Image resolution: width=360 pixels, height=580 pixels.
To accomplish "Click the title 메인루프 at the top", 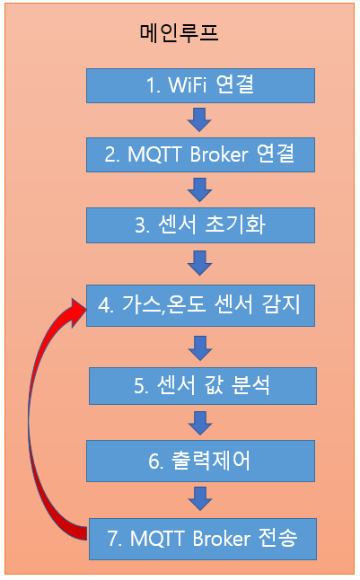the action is coord(179,32).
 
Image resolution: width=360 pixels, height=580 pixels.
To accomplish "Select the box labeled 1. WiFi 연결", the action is coord(200,85).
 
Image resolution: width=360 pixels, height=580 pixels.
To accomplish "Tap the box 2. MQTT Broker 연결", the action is coord(200,154).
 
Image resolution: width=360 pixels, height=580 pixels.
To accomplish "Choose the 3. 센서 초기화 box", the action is coord(200,224).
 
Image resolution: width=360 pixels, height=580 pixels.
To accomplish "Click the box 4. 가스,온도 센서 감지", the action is coord(200,305).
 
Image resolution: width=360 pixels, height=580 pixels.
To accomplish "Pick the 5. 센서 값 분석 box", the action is coord(203,386).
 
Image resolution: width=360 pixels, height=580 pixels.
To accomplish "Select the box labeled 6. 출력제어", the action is coord(200,461).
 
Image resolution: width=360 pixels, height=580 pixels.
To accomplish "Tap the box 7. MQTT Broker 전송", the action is coord(203,539).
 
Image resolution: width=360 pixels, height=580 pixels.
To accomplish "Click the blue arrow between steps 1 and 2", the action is coord(199,119).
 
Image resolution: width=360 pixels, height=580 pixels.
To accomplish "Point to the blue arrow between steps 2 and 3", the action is coord(199,189).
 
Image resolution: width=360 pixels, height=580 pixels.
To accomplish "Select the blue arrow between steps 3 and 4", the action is coord(199,263).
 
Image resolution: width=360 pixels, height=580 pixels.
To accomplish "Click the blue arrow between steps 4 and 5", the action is coord(200,348).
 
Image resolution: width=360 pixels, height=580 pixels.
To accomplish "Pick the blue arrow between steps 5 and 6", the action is coord(200,423).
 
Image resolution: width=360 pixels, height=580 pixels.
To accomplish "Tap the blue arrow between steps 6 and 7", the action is coord(200,498).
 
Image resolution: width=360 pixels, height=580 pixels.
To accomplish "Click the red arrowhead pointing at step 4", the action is coord(78,311).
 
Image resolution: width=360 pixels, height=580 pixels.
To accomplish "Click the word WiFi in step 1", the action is coord(188,84).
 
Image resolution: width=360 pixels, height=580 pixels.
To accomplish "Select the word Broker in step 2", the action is coord(219,154).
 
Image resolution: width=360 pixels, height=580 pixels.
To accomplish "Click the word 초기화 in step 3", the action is coord(235,224).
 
